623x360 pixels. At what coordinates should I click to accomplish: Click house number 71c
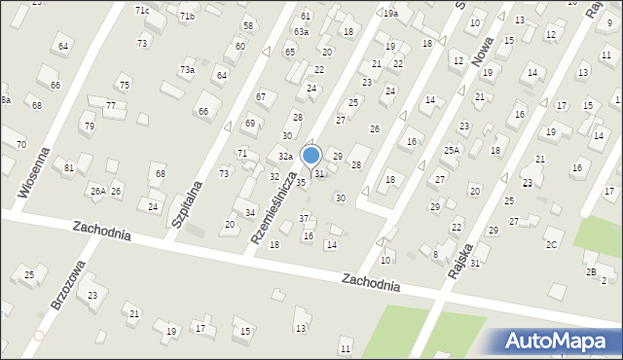142,10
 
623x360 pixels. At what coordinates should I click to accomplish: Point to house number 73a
187,70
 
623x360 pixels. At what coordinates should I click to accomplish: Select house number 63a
302,32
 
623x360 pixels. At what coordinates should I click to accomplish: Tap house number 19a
390,14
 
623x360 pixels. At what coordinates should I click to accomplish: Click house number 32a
285,157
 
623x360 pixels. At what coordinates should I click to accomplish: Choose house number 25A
452,150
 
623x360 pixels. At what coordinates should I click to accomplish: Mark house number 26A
98,192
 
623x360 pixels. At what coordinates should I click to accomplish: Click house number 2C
552,244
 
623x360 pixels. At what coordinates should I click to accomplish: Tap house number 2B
591,271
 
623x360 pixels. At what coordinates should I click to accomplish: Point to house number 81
69,168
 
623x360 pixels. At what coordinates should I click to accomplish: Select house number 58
248,25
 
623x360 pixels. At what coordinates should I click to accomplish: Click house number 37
304,218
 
